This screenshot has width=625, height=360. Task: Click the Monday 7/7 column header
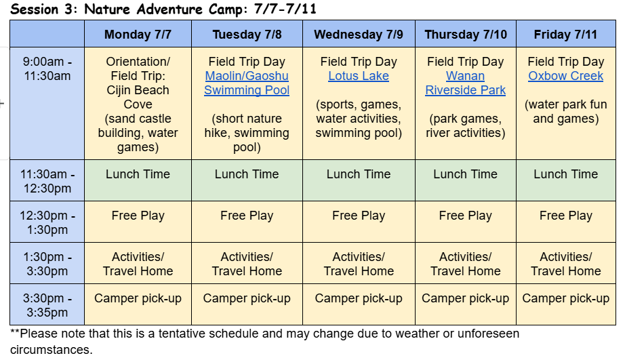click(138, 35)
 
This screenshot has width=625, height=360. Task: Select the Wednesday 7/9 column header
click(359, 35)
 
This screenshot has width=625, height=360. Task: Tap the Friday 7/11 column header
click(565, 35)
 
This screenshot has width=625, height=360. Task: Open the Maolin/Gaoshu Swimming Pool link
click(247, 83)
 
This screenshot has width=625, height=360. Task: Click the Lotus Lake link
click(359, 76)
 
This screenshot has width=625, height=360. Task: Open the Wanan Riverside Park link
click(465, 83)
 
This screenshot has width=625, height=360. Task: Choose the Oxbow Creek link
click(565, 76)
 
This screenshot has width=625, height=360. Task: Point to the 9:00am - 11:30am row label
click(47, 68)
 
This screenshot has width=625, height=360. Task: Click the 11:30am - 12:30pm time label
click(47, 181)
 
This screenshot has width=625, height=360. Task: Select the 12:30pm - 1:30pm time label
click(47, 222)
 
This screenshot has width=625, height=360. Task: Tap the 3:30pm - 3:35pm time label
click(47, 305)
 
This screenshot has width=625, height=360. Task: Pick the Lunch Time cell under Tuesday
click(247, 174)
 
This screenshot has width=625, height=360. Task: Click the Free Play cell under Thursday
click(465, 216)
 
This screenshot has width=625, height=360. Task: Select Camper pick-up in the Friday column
click(565, 298)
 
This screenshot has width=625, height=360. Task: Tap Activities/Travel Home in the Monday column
click(138, 264)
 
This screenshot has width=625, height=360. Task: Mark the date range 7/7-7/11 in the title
click(285, 9)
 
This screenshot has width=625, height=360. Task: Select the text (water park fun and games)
click(565, 111)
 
